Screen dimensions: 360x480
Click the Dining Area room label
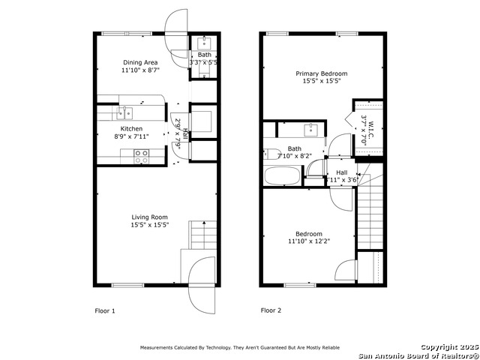pos(140,62)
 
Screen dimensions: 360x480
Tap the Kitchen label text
pos(131,129)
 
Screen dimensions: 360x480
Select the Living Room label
pos(150,217)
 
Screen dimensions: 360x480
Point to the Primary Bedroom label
pos(322,73)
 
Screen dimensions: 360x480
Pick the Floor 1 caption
pos(104,310)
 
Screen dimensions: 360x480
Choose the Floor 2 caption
pos(271,310)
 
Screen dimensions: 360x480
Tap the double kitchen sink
pos(124,113)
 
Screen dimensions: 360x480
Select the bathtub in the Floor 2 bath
pos(282,177)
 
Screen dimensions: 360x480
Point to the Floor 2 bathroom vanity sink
pos(310,128)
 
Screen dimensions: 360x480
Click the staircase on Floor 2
pos(369,213)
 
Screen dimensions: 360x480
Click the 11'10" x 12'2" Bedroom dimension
pos(308,241)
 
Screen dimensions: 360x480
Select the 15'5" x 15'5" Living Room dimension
pos(150,224)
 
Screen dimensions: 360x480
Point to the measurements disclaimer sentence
pos(239,347)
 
